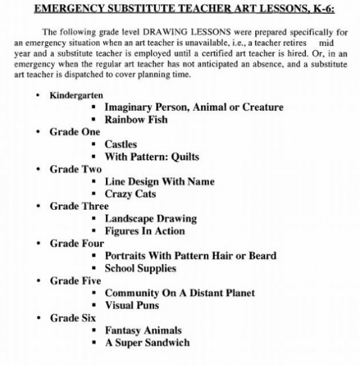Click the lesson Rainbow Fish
click(136, 119)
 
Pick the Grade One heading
click(75, 131)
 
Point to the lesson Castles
click(121, 144)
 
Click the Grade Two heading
click(76, 169)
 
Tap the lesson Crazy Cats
click(132, 194)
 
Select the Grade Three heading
click(79, 206)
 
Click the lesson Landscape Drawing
click(150, 218)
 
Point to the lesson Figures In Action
click(145, 231)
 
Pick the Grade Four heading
click(76, 243)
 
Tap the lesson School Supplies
click(140, 268)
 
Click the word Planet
click(237, 293)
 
